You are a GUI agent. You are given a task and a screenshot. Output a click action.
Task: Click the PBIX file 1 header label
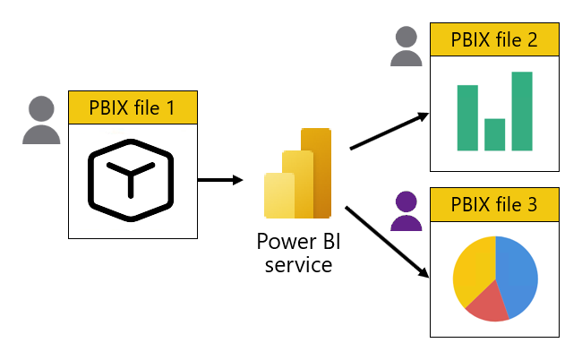[x=133, y=108]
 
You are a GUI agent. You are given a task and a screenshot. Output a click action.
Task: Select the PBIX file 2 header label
[x=494, y=40]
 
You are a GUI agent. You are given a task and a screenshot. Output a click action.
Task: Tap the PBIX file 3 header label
[x=494, y=204]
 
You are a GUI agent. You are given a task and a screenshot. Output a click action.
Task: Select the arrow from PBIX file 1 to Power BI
[x=219, y=180]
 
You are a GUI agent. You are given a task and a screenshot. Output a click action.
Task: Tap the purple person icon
[x=406, y=211]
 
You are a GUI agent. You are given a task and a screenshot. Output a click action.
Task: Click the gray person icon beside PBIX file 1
[x=42, y=121]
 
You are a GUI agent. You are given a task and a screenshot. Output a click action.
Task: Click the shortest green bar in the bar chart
[x=494, y=134]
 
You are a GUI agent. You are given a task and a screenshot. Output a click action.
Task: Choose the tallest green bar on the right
[x=522, y=111]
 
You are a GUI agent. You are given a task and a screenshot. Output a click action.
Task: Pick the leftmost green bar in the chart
[x=467, y=117]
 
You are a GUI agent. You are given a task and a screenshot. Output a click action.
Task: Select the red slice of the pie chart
[x=484, y=304]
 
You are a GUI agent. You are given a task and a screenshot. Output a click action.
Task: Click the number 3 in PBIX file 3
[x=533, y=204]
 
